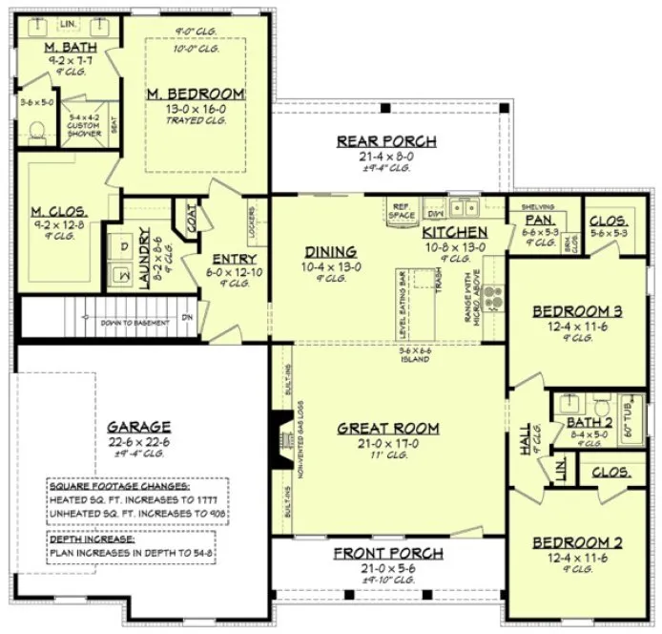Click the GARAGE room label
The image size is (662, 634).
coord(138,427)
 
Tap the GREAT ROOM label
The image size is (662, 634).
coord(387,428)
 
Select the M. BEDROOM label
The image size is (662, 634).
coord(195,94)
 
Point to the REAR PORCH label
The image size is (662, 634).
coord(386,141)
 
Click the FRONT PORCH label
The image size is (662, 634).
coord(387,554)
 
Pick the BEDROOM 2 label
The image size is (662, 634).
coord(577,542)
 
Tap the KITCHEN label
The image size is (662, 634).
coord(455,232)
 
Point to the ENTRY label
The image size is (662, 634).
coord(232,258)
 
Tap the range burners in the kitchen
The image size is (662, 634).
coord(492,297)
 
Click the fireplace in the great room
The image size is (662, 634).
coord(279,439)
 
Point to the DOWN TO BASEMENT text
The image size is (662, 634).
coord(134,322)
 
